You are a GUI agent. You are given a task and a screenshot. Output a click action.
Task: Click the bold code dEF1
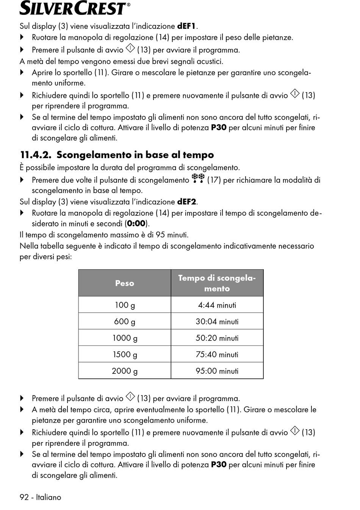click(x=186, y=27)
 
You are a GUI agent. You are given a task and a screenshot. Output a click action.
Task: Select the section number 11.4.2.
click(x=35, y=155)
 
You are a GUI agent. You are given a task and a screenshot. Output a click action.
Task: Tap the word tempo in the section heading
click(x=198, y=155)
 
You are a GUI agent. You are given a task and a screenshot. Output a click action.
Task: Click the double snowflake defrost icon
click(x=198, y=178)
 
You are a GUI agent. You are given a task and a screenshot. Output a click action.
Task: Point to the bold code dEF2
click(x=186, y=202)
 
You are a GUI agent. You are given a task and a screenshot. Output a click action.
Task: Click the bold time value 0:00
click(x=136, y=224)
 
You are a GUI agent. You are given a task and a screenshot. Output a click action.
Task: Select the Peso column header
click(x=125, y=283)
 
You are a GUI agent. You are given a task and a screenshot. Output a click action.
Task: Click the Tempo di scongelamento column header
click(x=217, y=283)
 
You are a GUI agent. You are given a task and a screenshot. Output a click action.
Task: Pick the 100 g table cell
click(x=125, y=305)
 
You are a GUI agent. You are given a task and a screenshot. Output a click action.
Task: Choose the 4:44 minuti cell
click(x=217, y=305)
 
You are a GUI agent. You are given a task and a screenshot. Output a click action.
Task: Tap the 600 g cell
click(x=125, y=322)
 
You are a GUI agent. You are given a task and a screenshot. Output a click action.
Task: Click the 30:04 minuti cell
click(x=217, y=322)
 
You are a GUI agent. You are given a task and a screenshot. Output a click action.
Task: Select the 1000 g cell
click(x=125, y=338)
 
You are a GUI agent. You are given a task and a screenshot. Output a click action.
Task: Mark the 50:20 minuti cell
click(x=217, y=338)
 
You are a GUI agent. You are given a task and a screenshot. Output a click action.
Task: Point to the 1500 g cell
click(x=125, y=355)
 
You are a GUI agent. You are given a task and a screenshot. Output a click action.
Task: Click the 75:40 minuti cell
click(x=217, y=355)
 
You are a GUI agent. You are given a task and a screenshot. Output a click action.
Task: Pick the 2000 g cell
click(x=125, y=371)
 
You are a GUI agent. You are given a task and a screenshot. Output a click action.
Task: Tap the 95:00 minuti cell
click(x=217, y=371)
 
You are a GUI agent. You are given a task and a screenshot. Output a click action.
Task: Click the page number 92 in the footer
click(x=24, y=497)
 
